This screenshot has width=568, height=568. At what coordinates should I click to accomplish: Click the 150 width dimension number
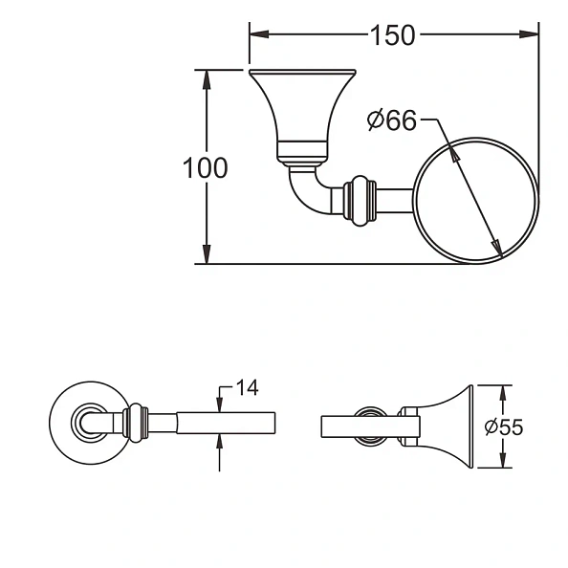pyautogui.click(x=393, y=35)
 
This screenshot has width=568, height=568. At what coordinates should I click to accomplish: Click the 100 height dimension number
pyautogui.click(x=206, y=168)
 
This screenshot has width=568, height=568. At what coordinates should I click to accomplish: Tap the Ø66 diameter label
pyautogui.click(x=392, y=120)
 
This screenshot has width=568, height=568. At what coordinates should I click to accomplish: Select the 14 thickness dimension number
pyautogui.click(x=246, y=387)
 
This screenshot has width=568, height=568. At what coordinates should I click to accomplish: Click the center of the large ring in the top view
pyautogui.click(x=475, y=199)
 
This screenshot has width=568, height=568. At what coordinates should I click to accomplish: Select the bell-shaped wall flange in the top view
pyautogui.click(x=302, y=110)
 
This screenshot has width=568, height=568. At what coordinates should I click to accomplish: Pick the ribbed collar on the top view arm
pyautogui.click(x=360, y=200)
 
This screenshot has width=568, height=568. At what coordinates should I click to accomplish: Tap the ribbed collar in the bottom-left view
pyautogui.click(x=136, y=421)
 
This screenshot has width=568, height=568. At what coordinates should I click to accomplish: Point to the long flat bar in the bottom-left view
pyautogui.click(x=225, y=422)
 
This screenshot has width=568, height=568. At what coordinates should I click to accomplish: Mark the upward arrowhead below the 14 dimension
pyautogui.click(x=221, y=440)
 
